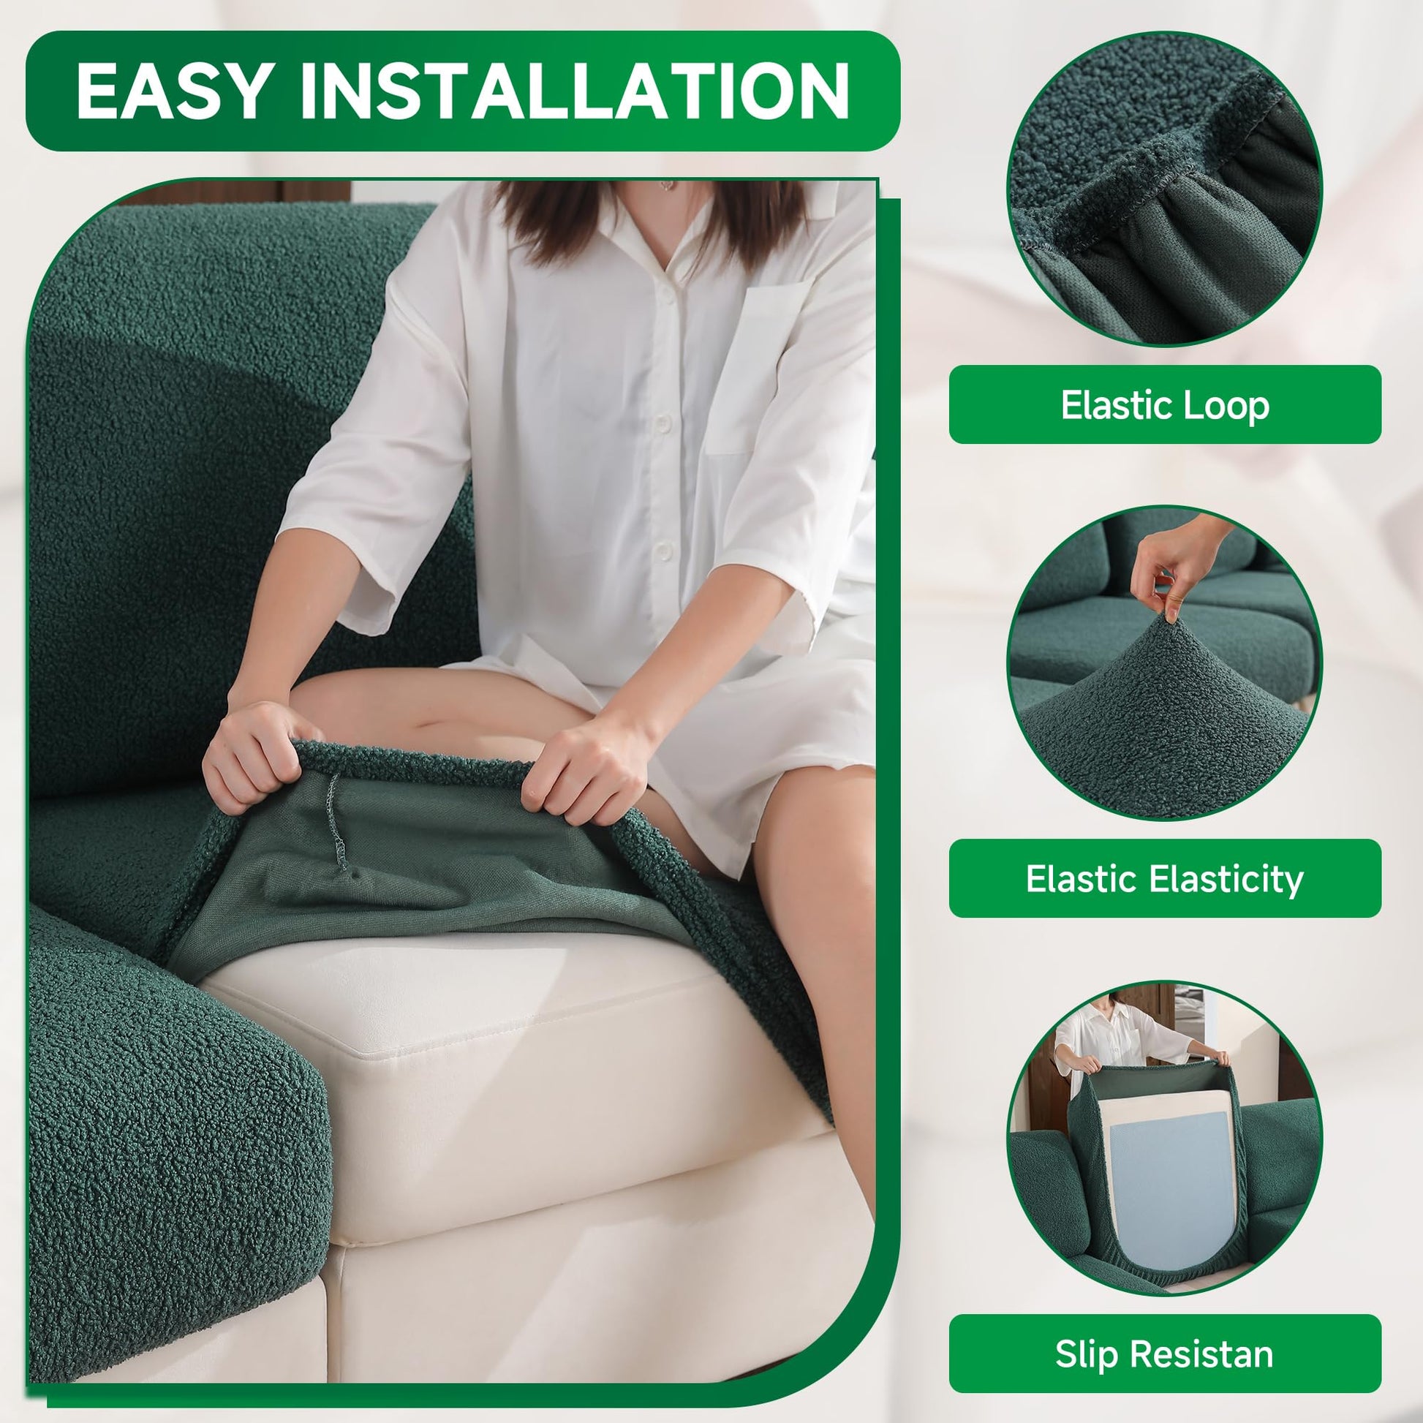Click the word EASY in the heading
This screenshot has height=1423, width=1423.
coord(173,91)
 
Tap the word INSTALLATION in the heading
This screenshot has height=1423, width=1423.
coord(575,91)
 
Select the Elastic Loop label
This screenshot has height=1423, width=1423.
coord(1165,404)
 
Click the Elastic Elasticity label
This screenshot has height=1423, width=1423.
coord(1165,879)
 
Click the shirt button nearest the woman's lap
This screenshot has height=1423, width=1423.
coord(665,549)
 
